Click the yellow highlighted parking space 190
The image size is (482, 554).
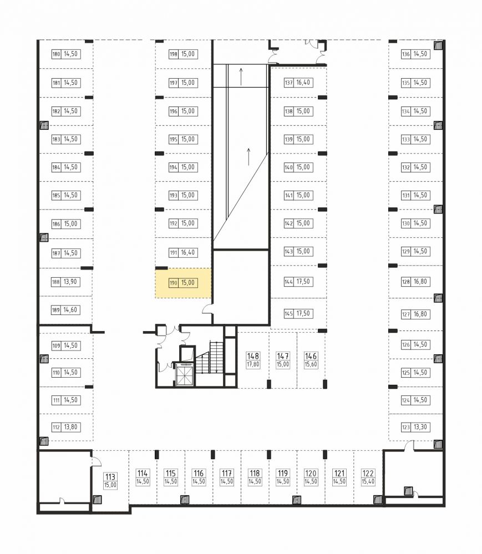(183, 283)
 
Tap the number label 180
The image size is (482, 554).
(56, 54)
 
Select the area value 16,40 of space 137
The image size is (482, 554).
(303, 83)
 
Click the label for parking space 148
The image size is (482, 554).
(253, 360)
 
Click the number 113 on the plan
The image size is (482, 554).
(110, 477)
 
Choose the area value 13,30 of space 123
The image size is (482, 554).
(420, 427)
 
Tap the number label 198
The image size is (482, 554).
(173, 54)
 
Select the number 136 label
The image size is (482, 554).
(405, 54)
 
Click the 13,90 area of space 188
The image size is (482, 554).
(70, 282)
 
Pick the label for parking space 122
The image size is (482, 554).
(368, 477)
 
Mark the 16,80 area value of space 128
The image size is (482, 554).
(420, 282)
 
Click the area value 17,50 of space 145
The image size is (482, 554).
(303, 313)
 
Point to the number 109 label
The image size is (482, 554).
(56, 345)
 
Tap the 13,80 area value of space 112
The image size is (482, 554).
(70, 427)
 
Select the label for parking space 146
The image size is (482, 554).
(311, 360)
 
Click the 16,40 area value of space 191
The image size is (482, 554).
(187, 253)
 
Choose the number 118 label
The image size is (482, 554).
(255, 473)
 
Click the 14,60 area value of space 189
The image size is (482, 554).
(70, 310)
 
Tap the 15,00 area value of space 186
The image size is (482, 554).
(70, 223)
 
